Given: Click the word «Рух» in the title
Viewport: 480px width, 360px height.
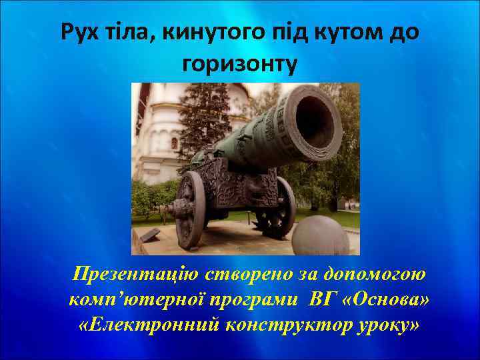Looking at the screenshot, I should click(79, 32).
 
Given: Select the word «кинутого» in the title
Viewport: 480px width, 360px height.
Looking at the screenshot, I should click(211, 32).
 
